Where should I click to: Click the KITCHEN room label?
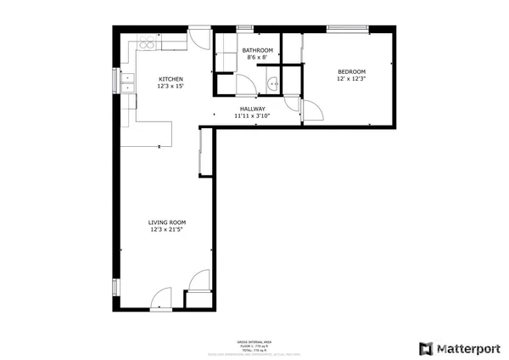(x=171, y=79)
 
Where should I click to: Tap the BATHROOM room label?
(x=258, y=50)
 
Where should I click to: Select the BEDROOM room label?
(x=351, y=71)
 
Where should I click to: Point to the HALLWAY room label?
(x=252, y=109)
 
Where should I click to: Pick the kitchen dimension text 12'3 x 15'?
(x=171, y=87)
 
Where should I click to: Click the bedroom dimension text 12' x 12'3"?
(x=351, y=79)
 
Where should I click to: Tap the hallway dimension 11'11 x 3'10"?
(x=252, y=116)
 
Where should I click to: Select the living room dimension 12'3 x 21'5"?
(x=167, y=229)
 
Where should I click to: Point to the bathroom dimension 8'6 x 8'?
(x=258, y=58)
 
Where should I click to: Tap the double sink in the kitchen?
(x=130, y=82)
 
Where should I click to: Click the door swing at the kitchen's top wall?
(x=199, y=41)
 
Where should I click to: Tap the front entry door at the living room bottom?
(x=161, y=298)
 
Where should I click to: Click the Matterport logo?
(x=459, y=347)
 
